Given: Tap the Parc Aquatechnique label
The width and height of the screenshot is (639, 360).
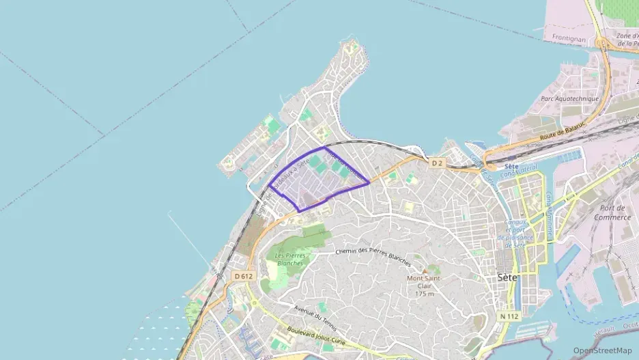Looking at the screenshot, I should tap(569, 98).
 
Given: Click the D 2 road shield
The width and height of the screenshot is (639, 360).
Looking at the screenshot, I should tap(438, 163).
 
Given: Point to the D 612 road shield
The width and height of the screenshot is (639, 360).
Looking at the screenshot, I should tap(242, 276).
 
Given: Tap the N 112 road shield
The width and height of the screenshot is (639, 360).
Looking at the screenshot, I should tap(509, 316).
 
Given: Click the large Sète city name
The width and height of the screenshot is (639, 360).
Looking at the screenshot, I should tap(507, 277).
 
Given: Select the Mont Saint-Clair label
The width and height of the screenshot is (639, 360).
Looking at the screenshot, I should tap(424, 282).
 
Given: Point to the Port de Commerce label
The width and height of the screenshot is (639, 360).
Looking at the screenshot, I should tap(612, 212).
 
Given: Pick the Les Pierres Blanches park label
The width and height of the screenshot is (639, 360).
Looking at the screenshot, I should tap(289, 259).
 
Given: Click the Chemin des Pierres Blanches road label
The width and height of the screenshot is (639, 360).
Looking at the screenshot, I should tap(373, 256).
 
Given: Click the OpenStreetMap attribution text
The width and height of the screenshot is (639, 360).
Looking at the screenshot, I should tap(602, 350).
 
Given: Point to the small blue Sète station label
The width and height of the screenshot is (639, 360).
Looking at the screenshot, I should tap(511, 166).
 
